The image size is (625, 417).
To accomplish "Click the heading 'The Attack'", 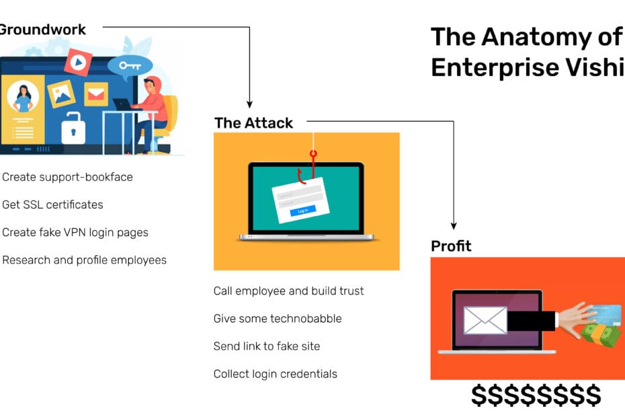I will (x=253, y=123).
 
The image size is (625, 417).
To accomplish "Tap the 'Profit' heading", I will (x=451, y=246).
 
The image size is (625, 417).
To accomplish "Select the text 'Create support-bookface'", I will (x=67, y=177).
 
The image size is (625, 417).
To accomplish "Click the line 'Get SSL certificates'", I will (x=52, y=204).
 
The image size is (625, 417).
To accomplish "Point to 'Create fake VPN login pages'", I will (x=75, y=232).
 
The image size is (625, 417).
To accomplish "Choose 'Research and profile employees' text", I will (x=84, y=260).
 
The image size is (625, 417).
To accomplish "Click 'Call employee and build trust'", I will (x=288, y=291).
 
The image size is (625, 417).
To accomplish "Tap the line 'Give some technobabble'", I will (x=278, y=318).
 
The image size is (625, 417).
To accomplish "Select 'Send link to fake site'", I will (x=266, y=346).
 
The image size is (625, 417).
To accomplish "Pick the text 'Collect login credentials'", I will (x=275, y=373).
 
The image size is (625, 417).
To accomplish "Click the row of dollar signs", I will (x=536, y=396).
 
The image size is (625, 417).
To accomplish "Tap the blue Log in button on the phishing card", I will (x=302, y=211).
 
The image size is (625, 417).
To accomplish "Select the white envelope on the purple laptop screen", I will (x=485, y=319).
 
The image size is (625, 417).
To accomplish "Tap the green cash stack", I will (x=600, y=334).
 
